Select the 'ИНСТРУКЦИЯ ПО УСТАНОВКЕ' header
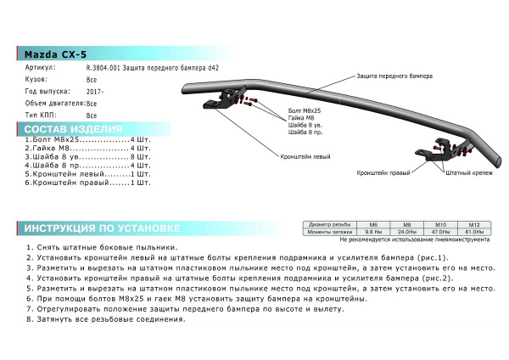pyautogui.click(x=101, y=229)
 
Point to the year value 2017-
pyautogui.click(x=94, y=91)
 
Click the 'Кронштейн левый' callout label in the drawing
pyautogui.click(x=303, y=157)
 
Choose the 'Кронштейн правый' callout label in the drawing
pyautogui.click(x=379, y=172)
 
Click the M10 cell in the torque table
pyautogui.click(x=440, y=224)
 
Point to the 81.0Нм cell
pyautogui.click(x=474, y=231)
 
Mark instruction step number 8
pyautogui.click(x=19, y=319)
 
